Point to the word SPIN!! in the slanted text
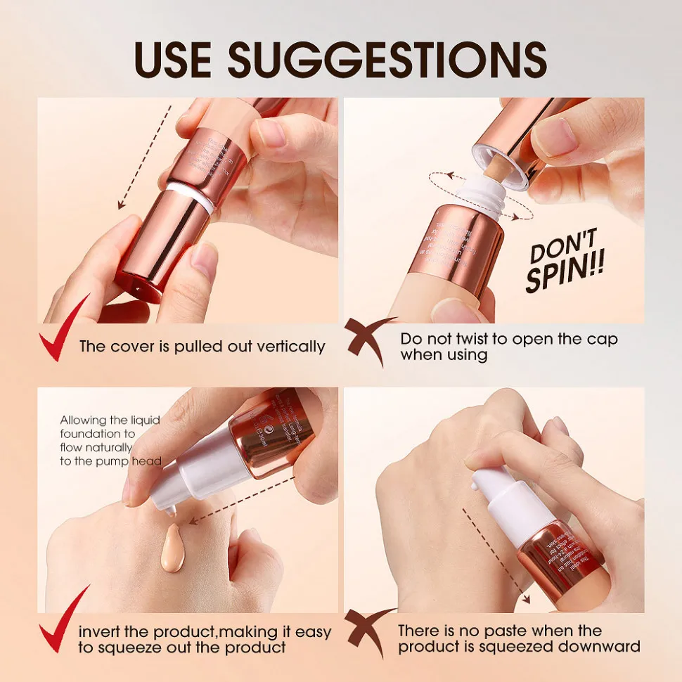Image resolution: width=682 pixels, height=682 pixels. [567, 276]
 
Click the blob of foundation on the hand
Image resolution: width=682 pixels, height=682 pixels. [172, 548]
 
